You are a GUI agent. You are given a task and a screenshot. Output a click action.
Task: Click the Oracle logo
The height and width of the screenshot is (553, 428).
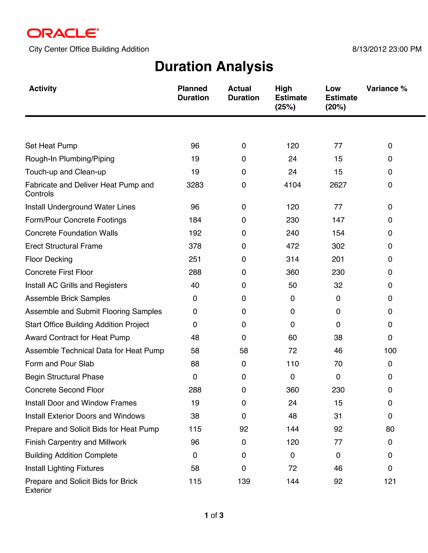point(63,33)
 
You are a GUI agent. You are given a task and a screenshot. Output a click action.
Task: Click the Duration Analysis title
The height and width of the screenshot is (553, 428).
point(214,66)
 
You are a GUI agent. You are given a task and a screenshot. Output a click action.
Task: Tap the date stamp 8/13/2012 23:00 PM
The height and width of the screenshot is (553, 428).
point(387,49)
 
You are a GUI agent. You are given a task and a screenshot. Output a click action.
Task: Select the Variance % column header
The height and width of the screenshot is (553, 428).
point(386,89)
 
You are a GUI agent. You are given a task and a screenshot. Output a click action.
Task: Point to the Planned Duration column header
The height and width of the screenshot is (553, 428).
point(193,93)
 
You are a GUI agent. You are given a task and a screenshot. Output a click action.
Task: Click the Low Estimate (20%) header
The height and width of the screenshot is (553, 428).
point(341,97)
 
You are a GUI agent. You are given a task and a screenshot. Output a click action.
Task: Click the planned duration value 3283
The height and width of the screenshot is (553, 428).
point(195,185)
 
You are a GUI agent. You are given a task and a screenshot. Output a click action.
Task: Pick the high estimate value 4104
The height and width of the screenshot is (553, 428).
point(292,185)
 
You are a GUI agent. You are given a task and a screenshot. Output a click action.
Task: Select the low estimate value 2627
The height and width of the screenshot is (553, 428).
point(338,185)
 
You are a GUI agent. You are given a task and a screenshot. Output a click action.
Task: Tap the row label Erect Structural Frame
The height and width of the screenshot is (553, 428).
point(64,246)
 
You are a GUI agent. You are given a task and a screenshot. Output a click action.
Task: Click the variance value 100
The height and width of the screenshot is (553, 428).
point(390,351)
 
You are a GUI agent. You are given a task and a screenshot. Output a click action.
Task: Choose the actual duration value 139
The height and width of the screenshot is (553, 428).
point(244,481)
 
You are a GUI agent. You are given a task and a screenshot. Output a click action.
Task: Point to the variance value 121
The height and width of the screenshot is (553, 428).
point(390,481)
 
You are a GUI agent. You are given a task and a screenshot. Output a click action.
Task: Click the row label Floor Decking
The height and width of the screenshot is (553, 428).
point(49,259)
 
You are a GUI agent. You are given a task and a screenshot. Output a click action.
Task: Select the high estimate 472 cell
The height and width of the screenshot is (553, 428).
point(292,246)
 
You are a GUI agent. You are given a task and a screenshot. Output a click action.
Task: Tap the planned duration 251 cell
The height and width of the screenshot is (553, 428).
point(195,259)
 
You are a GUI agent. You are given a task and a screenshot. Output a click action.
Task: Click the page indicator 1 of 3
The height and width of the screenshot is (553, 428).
point(214,515)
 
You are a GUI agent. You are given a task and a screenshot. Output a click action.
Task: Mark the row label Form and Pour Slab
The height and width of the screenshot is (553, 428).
point(60,364)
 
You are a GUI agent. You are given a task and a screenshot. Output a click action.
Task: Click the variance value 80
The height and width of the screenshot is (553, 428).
point(390,429)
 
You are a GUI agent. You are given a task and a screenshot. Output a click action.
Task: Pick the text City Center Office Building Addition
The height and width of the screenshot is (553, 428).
point(89,49)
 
